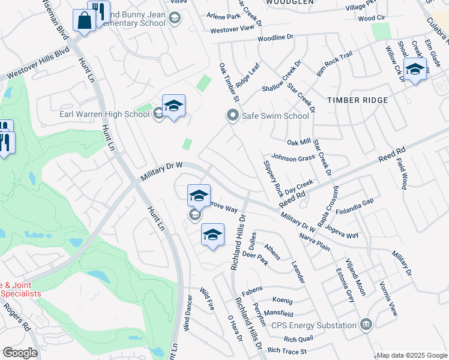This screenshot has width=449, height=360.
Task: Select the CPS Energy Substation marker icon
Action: coord(366,325)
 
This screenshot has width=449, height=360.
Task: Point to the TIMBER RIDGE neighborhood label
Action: coord(357,100)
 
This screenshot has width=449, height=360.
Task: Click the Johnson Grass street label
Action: coord(293,158)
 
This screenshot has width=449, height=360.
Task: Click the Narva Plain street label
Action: coord(315,242)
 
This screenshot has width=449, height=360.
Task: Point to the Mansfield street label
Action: coord(279,313)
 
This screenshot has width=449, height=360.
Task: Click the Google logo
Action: coord(20,353)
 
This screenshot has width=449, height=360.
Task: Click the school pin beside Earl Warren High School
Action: coord(173,106)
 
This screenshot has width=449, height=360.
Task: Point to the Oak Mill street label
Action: coord(299,142)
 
